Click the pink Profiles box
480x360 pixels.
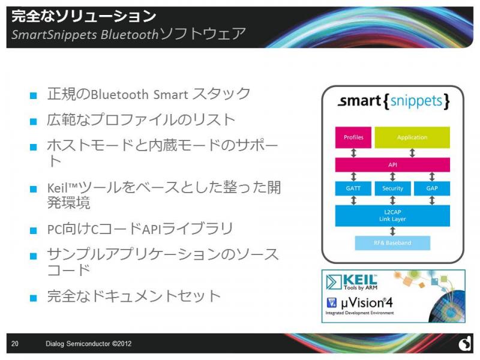[353, 137]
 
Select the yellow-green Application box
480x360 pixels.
[412, 137]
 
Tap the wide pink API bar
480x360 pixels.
[392, 164]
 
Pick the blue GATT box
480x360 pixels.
[353, 188]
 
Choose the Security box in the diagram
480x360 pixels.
[392, 188]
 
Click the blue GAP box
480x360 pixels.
[432, 188]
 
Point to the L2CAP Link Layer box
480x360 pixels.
[392, 215]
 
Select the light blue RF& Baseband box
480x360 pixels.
[392, 243]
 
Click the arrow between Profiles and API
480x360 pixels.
[353, 153]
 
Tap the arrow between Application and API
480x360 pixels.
[412, 153]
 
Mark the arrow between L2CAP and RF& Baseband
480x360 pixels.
[392, 231]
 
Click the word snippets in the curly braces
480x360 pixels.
[416, 101]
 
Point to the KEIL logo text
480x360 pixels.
[360, 280]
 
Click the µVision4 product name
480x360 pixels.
[367, 303]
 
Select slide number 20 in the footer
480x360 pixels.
[14, 343]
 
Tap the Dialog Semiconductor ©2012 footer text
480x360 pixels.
[88, 343]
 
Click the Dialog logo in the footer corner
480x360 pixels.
[465, 343]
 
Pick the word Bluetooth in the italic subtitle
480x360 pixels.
[130, 35]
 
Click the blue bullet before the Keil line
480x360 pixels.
[34, 189]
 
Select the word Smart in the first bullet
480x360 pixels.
[170, 95]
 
